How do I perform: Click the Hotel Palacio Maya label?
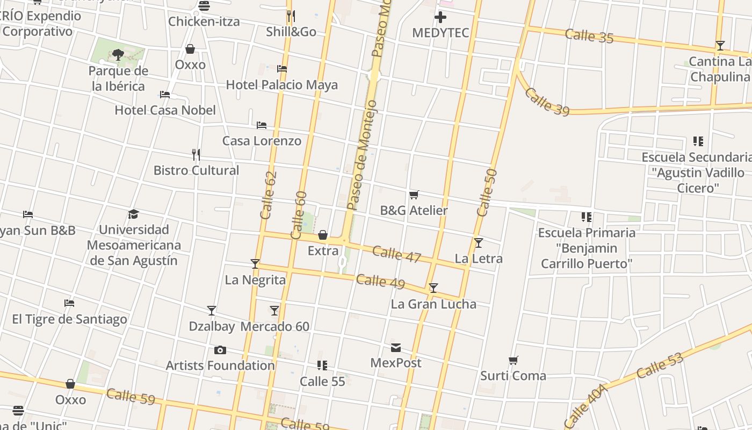tap(281, 85)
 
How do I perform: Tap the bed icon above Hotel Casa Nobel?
tap(165, 95)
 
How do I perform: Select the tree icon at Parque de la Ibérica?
tap(118, 54)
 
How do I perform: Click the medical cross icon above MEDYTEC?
tap(440, 17)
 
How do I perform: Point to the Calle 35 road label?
tap(589, 37)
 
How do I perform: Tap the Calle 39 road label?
tap(546, 102)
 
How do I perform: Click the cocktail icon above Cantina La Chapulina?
tap(720, 46)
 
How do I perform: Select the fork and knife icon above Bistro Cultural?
tap(196, 155)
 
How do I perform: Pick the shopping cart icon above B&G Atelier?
tap(414, 195)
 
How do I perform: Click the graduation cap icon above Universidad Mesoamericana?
tap(133, 214)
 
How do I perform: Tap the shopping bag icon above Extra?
tap(323, 235)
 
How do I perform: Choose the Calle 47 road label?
tap(396, 255)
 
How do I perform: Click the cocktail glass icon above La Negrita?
tap(255, 264)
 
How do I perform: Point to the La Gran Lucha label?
tap(433, 304)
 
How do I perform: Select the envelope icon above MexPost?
tap(396, 348)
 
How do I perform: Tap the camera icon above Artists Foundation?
tap(220, 350)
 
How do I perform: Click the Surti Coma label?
tap(513, 376)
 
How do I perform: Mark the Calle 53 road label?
tap(660, 365)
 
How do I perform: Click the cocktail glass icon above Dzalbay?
tap(212, 311)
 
